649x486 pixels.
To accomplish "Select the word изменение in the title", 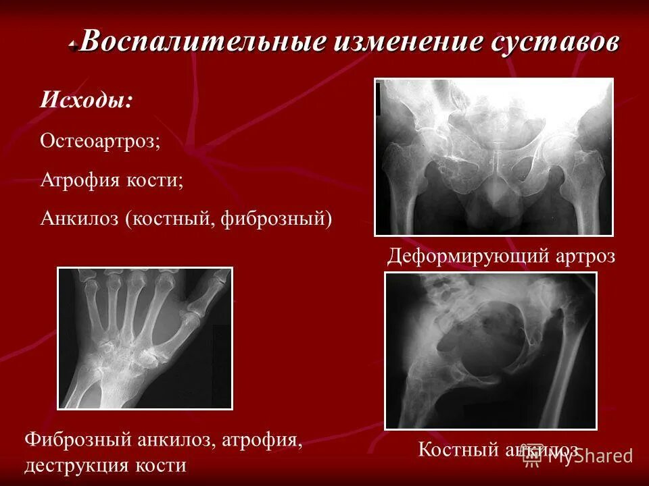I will (x=407, y=42).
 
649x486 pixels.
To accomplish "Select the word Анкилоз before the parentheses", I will (x=79, y=219).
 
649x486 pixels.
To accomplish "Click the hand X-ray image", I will (x=145, y=338).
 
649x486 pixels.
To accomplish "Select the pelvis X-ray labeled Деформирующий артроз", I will (x=494, y=157).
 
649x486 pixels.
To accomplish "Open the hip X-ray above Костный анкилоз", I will (x=490, y=350).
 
